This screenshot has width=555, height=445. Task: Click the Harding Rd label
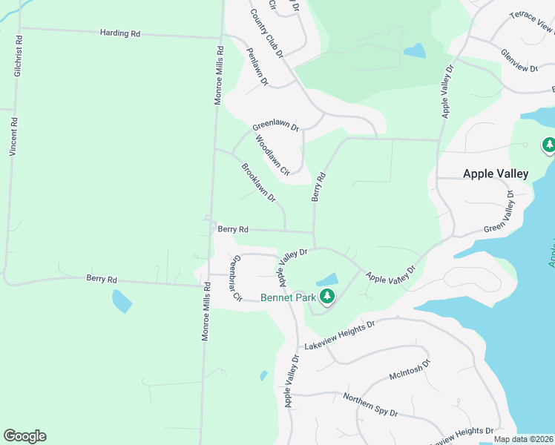coord(120,33)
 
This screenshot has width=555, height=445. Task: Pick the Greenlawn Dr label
coord(275,126)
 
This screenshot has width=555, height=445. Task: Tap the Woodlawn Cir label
coord(272,155)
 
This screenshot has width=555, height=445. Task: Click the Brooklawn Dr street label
coord(258,183)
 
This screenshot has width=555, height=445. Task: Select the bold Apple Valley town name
coord(496,174)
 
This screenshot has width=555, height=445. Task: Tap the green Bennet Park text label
coord(288,298)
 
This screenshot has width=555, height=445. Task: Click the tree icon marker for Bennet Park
coord(326,297)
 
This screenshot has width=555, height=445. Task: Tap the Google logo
coord(24,436)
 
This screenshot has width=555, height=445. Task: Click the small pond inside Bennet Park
coord(326,280)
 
